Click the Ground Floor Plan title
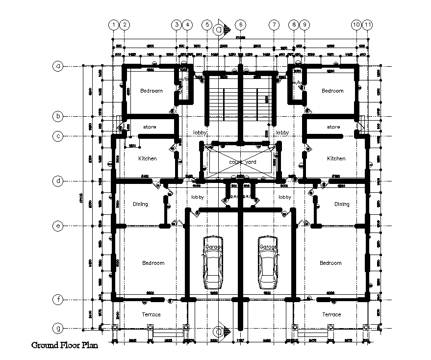point(64,345)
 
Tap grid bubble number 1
point(114,25)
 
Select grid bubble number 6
point(240,25)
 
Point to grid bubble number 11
point(367,25)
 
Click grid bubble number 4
point(187,25)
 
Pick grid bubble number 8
point(293,25)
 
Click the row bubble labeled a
point(58,66)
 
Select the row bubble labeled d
point(58,181)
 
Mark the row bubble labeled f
point(58,299)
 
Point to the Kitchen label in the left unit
point(147,158)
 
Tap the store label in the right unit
point(333,127)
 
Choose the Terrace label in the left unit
point(151,314)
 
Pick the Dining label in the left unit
point(140,204)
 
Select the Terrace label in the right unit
point(331,314)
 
